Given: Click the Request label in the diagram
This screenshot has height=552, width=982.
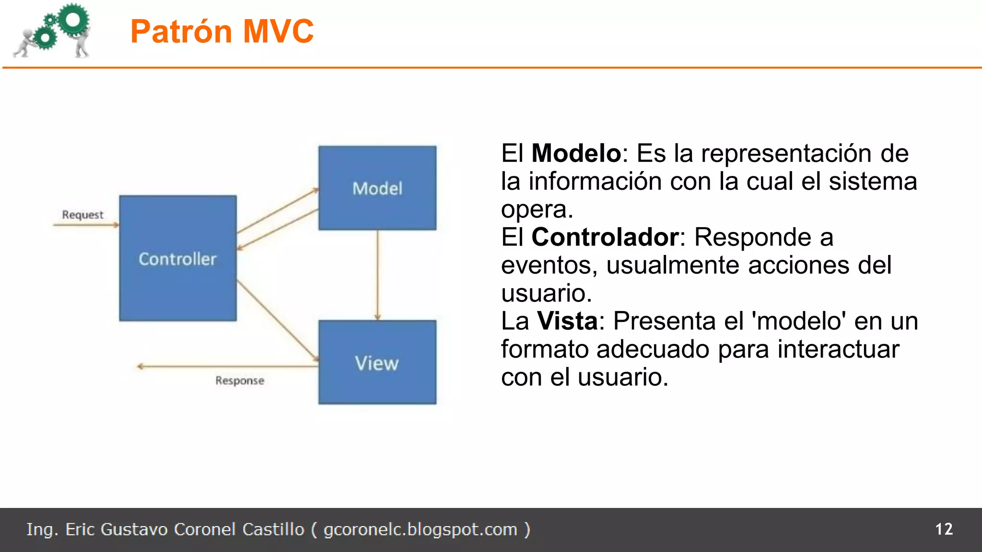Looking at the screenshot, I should pyautogui.click(x=82, y=215).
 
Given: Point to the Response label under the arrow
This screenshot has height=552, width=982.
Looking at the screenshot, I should pyautogui.click(x=240, y=380).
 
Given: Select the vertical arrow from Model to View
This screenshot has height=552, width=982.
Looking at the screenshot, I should pyautogui.click(x=377, y=275).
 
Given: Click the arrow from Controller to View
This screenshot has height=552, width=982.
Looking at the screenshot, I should pyautogui.click(x=277, y=320).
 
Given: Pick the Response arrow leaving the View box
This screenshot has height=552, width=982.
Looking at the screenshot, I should pyautogui.click(x=228, y=367).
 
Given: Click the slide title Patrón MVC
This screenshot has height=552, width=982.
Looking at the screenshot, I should pyautogui.click(x=222, y=32).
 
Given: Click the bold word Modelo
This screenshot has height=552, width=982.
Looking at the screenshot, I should pyautogui.click(x=576, y=153).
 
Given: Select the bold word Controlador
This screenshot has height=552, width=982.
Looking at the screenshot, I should pyautogui.click(x=605, y=237).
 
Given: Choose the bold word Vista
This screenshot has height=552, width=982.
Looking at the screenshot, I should pyautogui.click(x=567, y=321).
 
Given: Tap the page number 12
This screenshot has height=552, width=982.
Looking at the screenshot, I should pyautogui.click(x=944, y=529).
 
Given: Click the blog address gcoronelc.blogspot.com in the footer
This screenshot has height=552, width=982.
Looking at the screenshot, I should pyautogui.click(x=421, y=529).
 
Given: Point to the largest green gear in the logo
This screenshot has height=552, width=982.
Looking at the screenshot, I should pyautogui.click(x=73, y=20).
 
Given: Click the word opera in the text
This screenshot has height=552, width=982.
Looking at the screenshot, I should pyautogui.click(x=537, y=209).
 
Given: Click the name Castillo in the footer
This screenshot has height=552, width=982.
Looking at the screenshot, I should pyautogui.click(x=273, y=529).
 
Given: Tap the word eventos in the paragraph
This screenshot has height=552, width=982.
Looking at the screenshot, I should pyautogui.click(x=549, y=265).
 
